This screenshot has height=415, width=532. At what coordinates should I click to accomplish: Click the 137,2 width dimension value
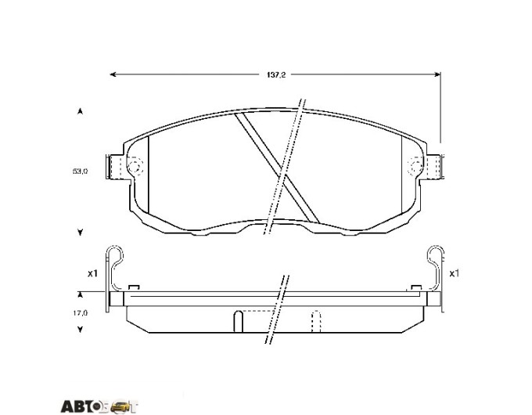pyautogui.click(x=276, y=74)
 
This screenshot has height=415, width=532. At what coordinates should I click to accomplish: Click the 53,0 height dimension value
pyautogui.click(x=80, y=171)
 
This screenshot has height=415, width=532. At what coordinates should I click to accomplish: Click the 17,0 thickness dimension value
pyautogui.click(x=80, y=312)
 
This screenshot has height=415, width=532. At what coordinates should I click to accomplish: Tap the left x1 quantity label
pyautogui.click(x=92, y=273)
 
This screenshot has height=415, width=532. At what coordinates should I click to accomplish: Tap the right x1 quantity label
pyautogui.click(x=454, y=273)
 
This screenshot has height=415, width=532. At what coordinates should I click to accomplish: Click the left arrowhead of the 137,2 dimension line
pyautogui.click(x=113, y=74)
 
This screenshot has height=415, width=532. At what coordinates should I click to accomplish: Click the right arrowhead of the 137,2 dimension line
pyautogui.click(x=437, y=74)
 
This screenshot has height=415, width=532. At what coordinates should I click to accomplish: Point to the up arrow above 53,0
pyautogui.click(x=80, y=111)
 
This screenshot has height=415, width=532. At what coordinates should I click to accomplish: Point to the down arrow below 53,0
pyautogui.click(x=80, y=233)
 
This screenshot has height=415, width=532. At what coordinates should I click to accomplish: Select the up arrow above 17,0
pyautogui.click(x=80, y=294)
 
